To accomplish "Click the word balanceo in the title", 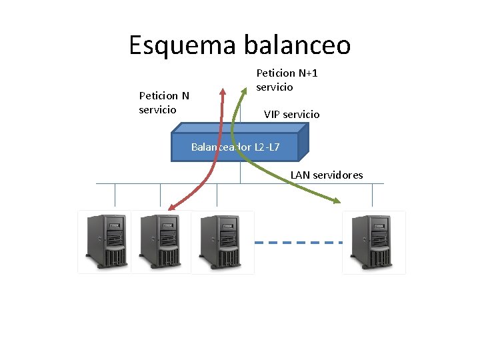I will click(297, 45).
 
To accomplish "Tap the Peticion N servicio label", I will click(163, 103).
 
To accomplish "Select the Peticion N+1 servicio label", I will click(283, 80).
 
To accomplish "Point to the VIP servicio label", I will click(291, 115).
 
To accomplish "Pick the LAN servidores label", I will click(327, 175).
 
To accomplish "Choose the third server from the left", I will click(221, 241).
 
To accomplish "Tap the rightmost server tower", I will click(373, 241).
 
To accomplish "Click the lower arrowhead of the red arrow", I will click(170, 207).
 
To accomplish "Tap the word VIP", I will click(272, 115).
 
